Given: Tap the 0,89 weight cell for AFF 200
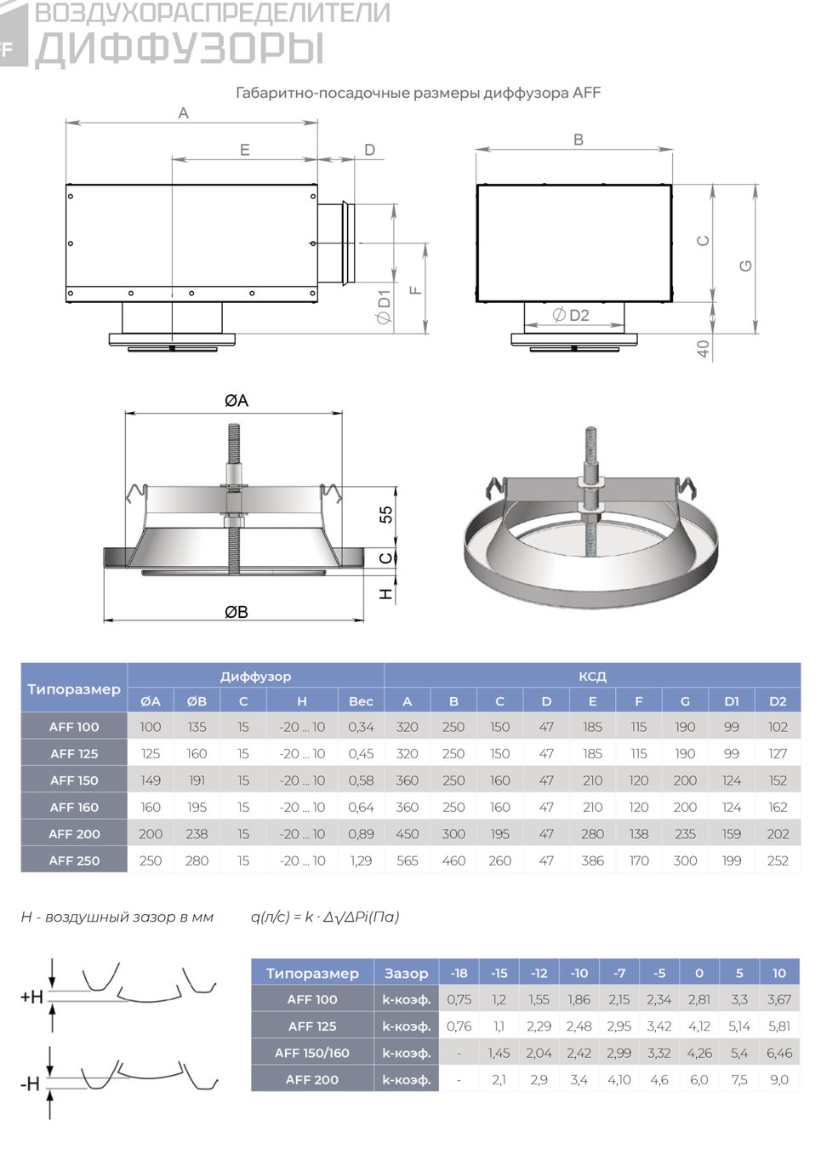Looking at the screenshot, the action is click(x=361, y=833).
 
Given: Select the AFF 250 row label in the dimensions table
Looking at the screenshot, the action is click(x=74, y=860).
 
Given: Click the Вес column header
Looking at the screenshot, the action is click(x=361, y=701).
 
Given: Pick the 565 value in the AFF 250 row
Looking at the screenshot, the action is click(x=408, y=860).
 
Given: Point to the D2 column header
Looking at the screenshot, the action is click(x=778, y=701).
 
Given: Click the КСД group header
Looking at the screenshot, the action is click(x=592, y=676).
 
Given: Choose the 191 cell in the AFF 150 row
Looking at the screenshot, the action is click(x=197, y=780).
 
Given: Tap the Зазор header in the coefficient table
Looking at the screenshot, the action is click(x=406, y=973).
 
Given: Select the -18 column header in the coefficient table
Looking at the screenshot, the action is click(x=459, y=973).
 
